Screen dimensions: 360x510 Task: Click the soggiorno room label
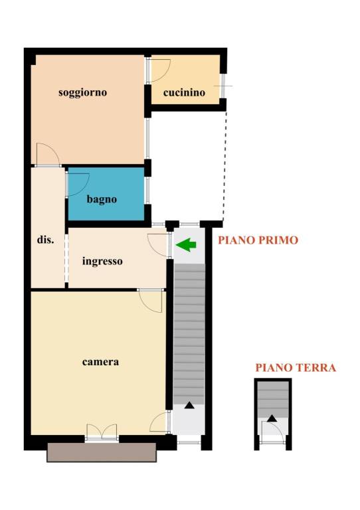click(82, 93)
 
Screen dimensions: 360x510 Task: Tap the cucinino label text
click(184, 93)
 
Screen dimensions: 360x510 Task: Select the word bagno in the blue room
click(102, 199)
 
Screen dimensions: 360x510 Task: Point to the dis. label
click(46, 240)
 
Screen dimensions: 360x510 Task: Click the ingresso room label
click(102, 261)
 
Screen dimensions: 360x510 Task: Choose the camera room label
click(100, 362)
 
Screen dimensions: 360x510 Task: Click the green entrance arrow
click(186, 244)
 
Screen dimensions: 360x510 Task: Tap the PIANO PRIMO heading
click(258, 240)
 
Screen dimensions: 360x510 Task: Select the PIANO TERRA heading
click(296, 367)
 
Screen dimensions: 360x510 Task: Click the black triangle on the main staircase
click(189, 405)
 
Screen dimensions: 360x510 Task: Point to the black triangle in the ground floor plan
click(272, 418)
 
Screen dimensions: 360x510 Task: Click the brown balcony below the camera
click(102, 452)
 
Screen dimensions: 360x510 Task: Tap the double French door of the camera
click(102, 432)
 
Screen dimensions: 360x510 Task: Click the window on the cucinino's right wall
click(223, 86)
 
